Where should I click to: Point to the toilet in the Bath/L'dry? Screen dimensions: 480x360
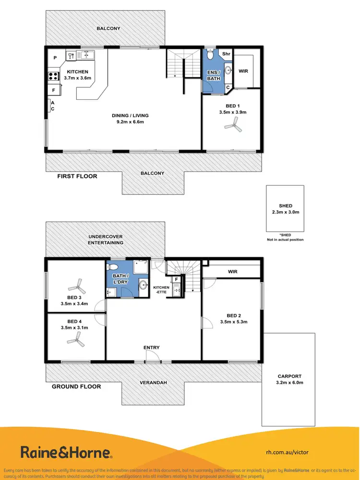(113, 267)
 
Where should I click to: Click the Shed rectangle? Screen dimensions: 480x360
(285, 209)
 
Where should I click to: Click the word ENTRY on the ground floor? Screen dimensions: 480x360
(151, 348)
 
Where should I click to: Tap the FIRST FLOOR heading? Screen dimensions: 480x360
(77, 176)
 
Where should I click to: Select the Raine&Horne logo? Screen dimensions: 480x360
(66, 452)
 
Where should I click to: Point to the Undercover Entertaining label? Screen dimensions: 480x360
(105, 240)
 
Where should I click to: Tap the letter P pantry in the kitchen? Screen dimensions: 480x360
(55, 58)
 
